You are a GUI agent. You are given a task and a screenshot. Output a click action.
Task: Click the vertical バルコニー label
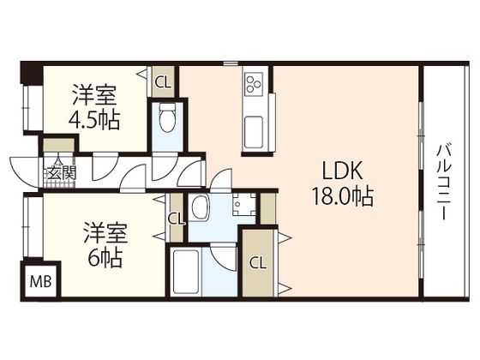444,181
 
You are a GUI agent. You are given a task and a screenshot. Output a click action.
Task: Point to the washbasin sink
202,207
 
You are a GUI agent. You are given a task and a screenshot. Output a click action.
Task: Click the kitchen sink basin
257,135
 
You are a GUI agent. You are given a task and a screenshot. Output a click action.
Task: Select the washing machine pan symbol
243,206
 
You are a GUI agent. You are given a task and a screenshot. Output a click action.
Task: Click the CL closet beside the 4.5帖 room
162,82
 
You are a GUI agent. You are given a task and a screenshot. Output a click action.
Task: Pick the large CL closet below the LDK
258,262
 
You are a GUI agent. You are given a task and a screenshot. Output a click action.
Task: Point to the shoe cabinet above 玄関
59,145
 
